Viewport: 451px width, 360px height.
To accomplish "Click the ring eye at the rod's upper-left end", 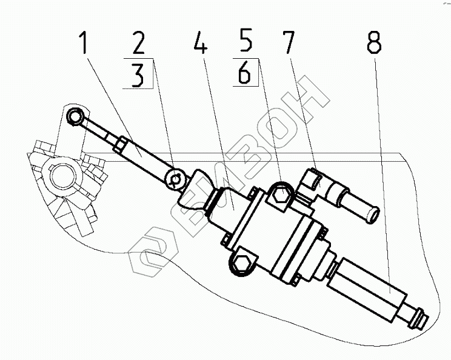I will pyautogui.click(x=75, y=116).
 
